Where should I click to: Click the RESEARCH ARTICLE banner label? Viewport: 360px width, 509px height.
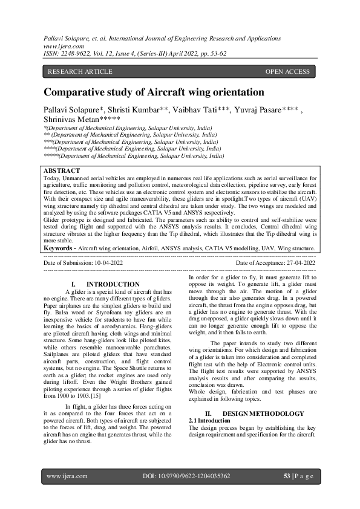click(80, 71)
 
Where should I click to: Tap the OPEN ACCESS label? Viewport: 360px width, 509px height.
click(287, 71)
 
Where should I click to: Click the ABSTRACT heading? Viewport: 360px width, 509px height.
click(62, 171)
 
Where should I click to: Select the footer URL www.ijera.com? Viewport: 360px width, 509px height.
click(67, 476)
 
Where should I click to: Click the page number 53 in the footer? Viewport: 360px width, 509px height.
click(287, 476)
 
